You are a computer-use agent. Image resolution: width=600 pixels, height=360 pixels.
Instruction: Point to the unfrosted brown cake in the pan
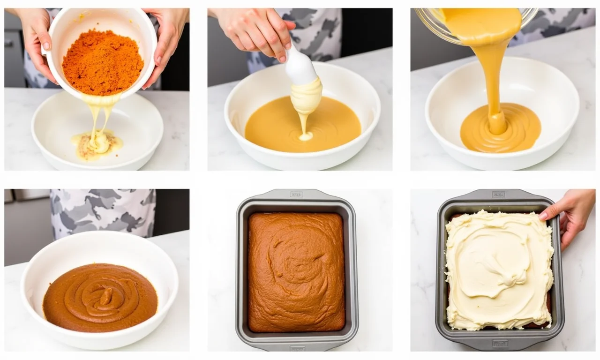[296, 271]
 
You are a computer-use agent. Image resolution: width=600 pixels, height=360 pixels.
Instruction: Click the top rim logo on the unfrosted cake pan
[296, 194]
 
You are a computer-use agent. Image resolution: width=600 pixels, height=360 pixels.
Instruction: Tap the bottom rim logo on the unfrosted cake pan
[296, 348]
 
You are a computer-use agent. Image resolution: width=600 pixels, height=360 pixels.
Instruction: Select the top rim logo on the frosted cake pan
[498, 194]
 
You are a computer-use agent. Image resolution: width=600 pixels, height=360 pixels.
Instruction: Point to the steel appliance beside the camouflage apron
[26, 225]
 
